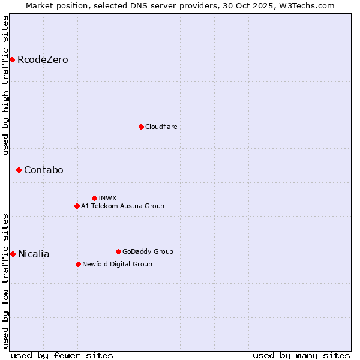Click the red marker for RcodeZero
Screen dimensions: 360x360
12,59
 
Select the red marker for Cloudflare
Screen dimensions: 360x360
141,127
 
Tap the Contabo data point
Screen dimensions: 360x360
19,170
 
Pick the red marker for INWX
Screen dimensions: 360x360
94,198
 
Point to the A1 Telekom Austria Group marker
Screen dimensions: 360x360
77,206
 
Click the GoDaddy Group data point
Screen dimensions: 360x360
118,251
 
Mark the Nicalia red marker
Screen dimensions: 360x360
13,254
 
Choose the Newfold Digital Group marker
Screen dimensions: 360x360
78,264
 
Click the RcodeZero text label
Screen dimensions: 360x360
43,60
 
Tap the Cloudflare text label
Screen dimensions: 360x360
161,127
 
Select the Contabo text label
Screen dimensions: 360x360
44,170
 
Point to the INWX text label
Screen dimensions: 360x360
107,198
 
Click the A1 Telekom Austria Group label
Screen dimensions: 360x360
122,206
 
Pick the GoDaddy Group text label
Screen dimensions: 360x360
148,251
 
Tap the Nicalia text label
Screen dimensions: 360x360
34,254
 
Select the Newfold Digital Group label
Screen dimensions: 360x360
117,264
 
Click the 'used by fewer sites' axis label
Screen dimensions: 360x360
62,355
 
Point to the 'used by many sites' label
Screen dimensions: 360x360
301,355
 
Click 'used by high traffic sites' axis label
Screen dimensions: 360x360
6,86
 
